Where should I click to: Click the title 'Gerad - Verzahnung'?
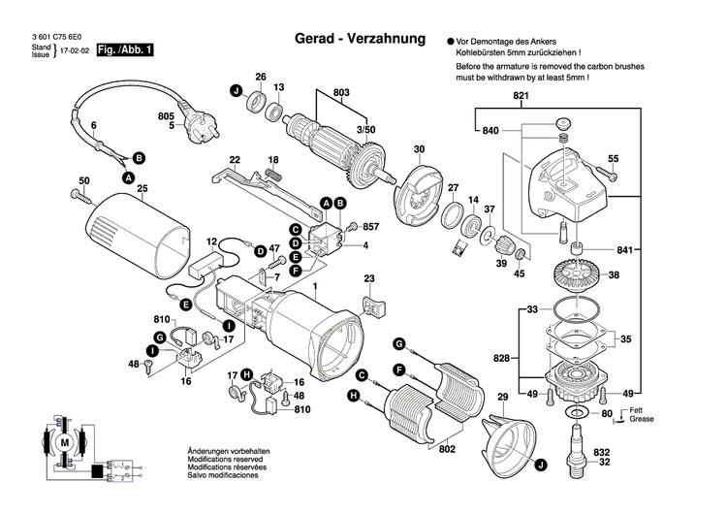point(360,40)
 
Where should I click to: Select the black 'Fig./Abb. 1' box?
point(125,49)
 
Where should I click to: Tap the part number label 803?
point(340,92)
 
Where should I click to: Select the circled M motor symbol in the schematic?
point(65,442)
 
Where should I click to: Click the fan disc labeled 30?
point(419,193)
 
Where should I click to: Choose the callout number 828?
point(501,359)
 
